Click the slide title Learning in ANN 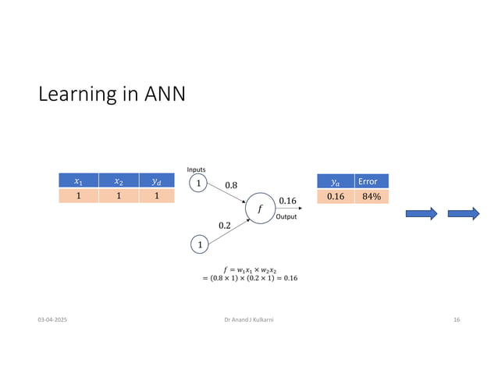click(112, 94)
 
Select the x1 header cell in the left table click(78, 181)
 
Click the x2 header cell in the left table click(118, 181)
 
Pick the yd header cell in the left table click(156, 181)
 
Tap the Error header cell click(371, 181)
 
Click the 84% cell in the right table click(371, 196)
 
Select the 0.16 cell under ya click(336, 196)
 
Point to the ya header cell click(336, 181)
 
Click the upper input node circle click(198, 184)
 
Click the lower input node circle click(198, 245)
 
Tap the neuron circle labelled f click(259, 209)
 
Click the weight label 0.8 click(232, 185)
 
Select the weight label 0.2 click(225, 225)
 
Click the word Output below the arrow click(287, 217)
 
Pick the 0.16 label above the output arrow click(287, 201)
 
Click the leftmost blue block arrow click(422, 214)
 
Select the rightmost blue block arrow click(463, 214)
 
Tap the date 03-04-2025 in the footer click(52, 321)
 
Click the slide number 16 click(457, 321)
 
